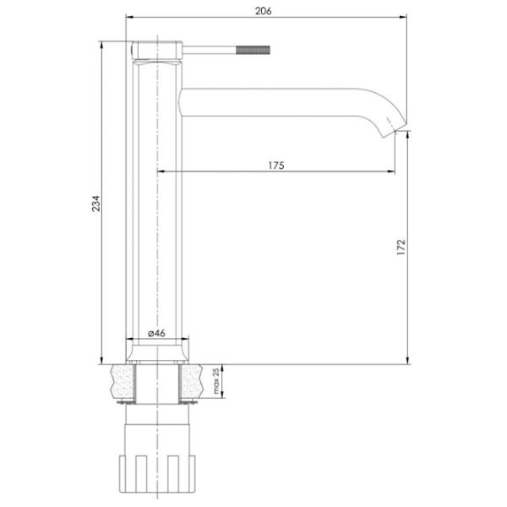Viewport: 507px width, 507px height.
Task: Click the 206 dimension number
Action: (263, 11)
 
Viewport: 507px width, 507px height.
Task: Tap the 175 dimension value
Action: (276, 166)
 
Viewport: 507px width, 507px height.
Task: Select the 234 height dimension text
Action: (96, 204)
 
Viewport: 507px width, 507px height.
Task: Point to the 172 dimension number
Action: (401, 247)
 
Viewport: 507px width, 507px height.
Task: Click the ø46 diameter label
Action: (157, 333)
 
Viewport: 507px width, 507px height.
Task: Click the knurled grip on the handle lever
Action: (253, 50)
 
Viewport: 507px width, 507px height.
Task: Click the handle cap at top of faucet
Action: (157, 51)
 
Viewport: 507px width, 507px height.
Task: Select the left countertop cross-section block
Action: (123, 381)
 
